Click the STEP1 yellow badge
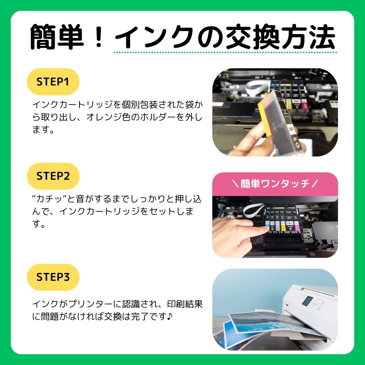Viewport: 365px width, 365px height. click(53, 82)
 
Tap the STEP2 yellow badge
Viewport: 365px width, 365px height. click(53, 176)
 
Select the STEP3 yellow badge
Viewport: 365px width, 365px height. click(53, 277)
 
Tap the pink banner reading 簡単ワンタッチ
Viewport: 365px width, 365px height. click(275, 184)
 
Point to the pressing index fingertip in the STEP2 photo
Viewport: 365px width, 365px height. click(265, 229)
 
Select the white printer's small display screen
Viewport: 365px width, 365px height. click(307, 301)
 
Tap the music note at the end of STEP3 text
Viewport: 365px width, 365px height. click(170, 316)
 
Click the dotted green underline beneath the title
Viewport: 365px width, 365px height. click(225, 52)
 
